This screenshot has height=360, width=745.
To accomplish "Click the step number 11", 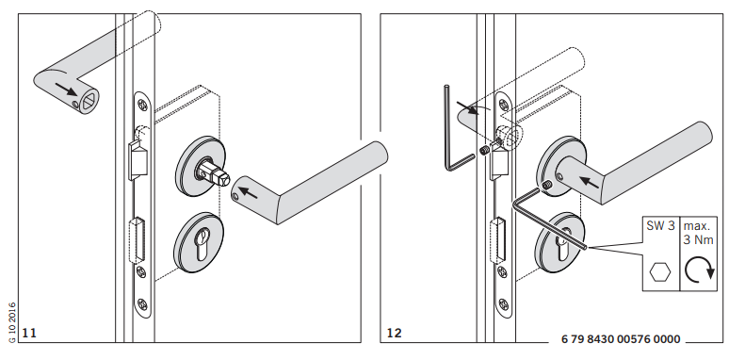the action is tap(29, 333).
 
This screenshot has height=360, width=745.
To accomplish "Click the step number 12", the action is tap(394, 333).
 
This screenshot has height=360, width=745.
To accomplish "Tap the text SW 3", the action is tap(660, 226).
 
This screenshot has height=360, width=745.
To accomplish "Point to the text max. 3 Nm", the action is tap(699, 233).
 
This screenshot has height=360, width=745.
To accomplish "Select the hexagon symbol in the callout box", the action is tap(660, 272).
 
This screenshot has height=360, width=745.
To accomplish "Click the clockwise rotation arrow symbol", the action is tap(700, 271).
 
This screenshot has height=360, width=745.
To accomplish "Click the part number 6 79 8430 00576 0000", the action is tap(621, 339).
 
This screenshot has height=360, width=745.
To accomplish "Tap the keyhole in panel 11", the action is tap(202, 243).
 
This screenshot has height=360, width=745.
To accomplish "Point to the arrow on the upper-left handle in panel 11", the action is tap(65, 89).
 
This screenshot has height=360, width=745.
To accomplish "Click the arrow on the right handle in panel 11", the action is tap(248, 192).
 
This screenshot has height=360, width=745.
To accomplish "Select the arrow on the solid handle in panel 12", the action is tap(590, 181).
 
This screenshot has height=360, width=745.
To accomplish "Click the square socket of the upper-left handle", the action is tap(89, 100).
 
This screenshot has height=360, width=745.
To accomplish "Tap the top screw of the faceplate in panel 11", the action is tap(142, 105).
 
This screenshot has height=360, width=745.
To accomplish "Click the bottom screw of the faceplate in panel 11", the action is tap(142, 303).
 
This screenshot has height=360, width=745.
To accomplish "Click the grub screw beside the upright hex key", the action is tap(484, 151).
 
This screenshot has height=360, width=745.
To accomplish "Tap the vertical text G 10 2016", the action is tap(12, 322).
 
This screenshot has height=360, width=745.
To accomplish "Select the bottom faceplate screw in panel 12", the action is tap(504, 303).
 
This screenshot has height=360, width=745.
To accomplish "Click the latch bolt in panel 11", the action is tap(138, 162).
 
